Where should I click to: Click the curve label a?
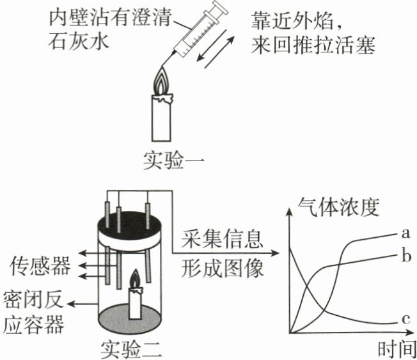pyautogui.click(x=405, y=233)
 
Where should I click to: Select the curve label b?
pyautogui.click(x=406, y=256)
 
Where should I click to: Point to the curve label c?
pyautogui.click(x=405, y=319)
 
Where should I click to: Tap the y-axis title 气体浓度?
pyautogui.click(x=338, y=207)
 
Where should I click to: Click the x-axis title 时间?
pyautogui.click(x=397, y=349)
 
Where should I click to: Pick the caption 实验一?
pyautogui.click(x=174, y=160)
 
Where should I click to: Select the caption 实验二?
pyautogui.click(x=131, y=349)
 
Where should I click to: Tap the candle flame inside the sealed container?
pyautogui.click(x=136, y=279)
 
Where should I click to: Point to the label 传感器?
pyautogui.click(x=40, y=265)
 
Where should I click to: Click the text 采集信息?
pyautogui.click(x=222, y=239)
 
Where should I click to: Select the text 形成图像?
pyautogui.click(x=222, y=268)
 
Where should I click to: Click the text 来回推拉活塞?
pyautogui.click(x=313, y=45)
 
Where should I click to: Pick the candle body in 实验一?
pyautogui.click(x=162, y=118)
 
